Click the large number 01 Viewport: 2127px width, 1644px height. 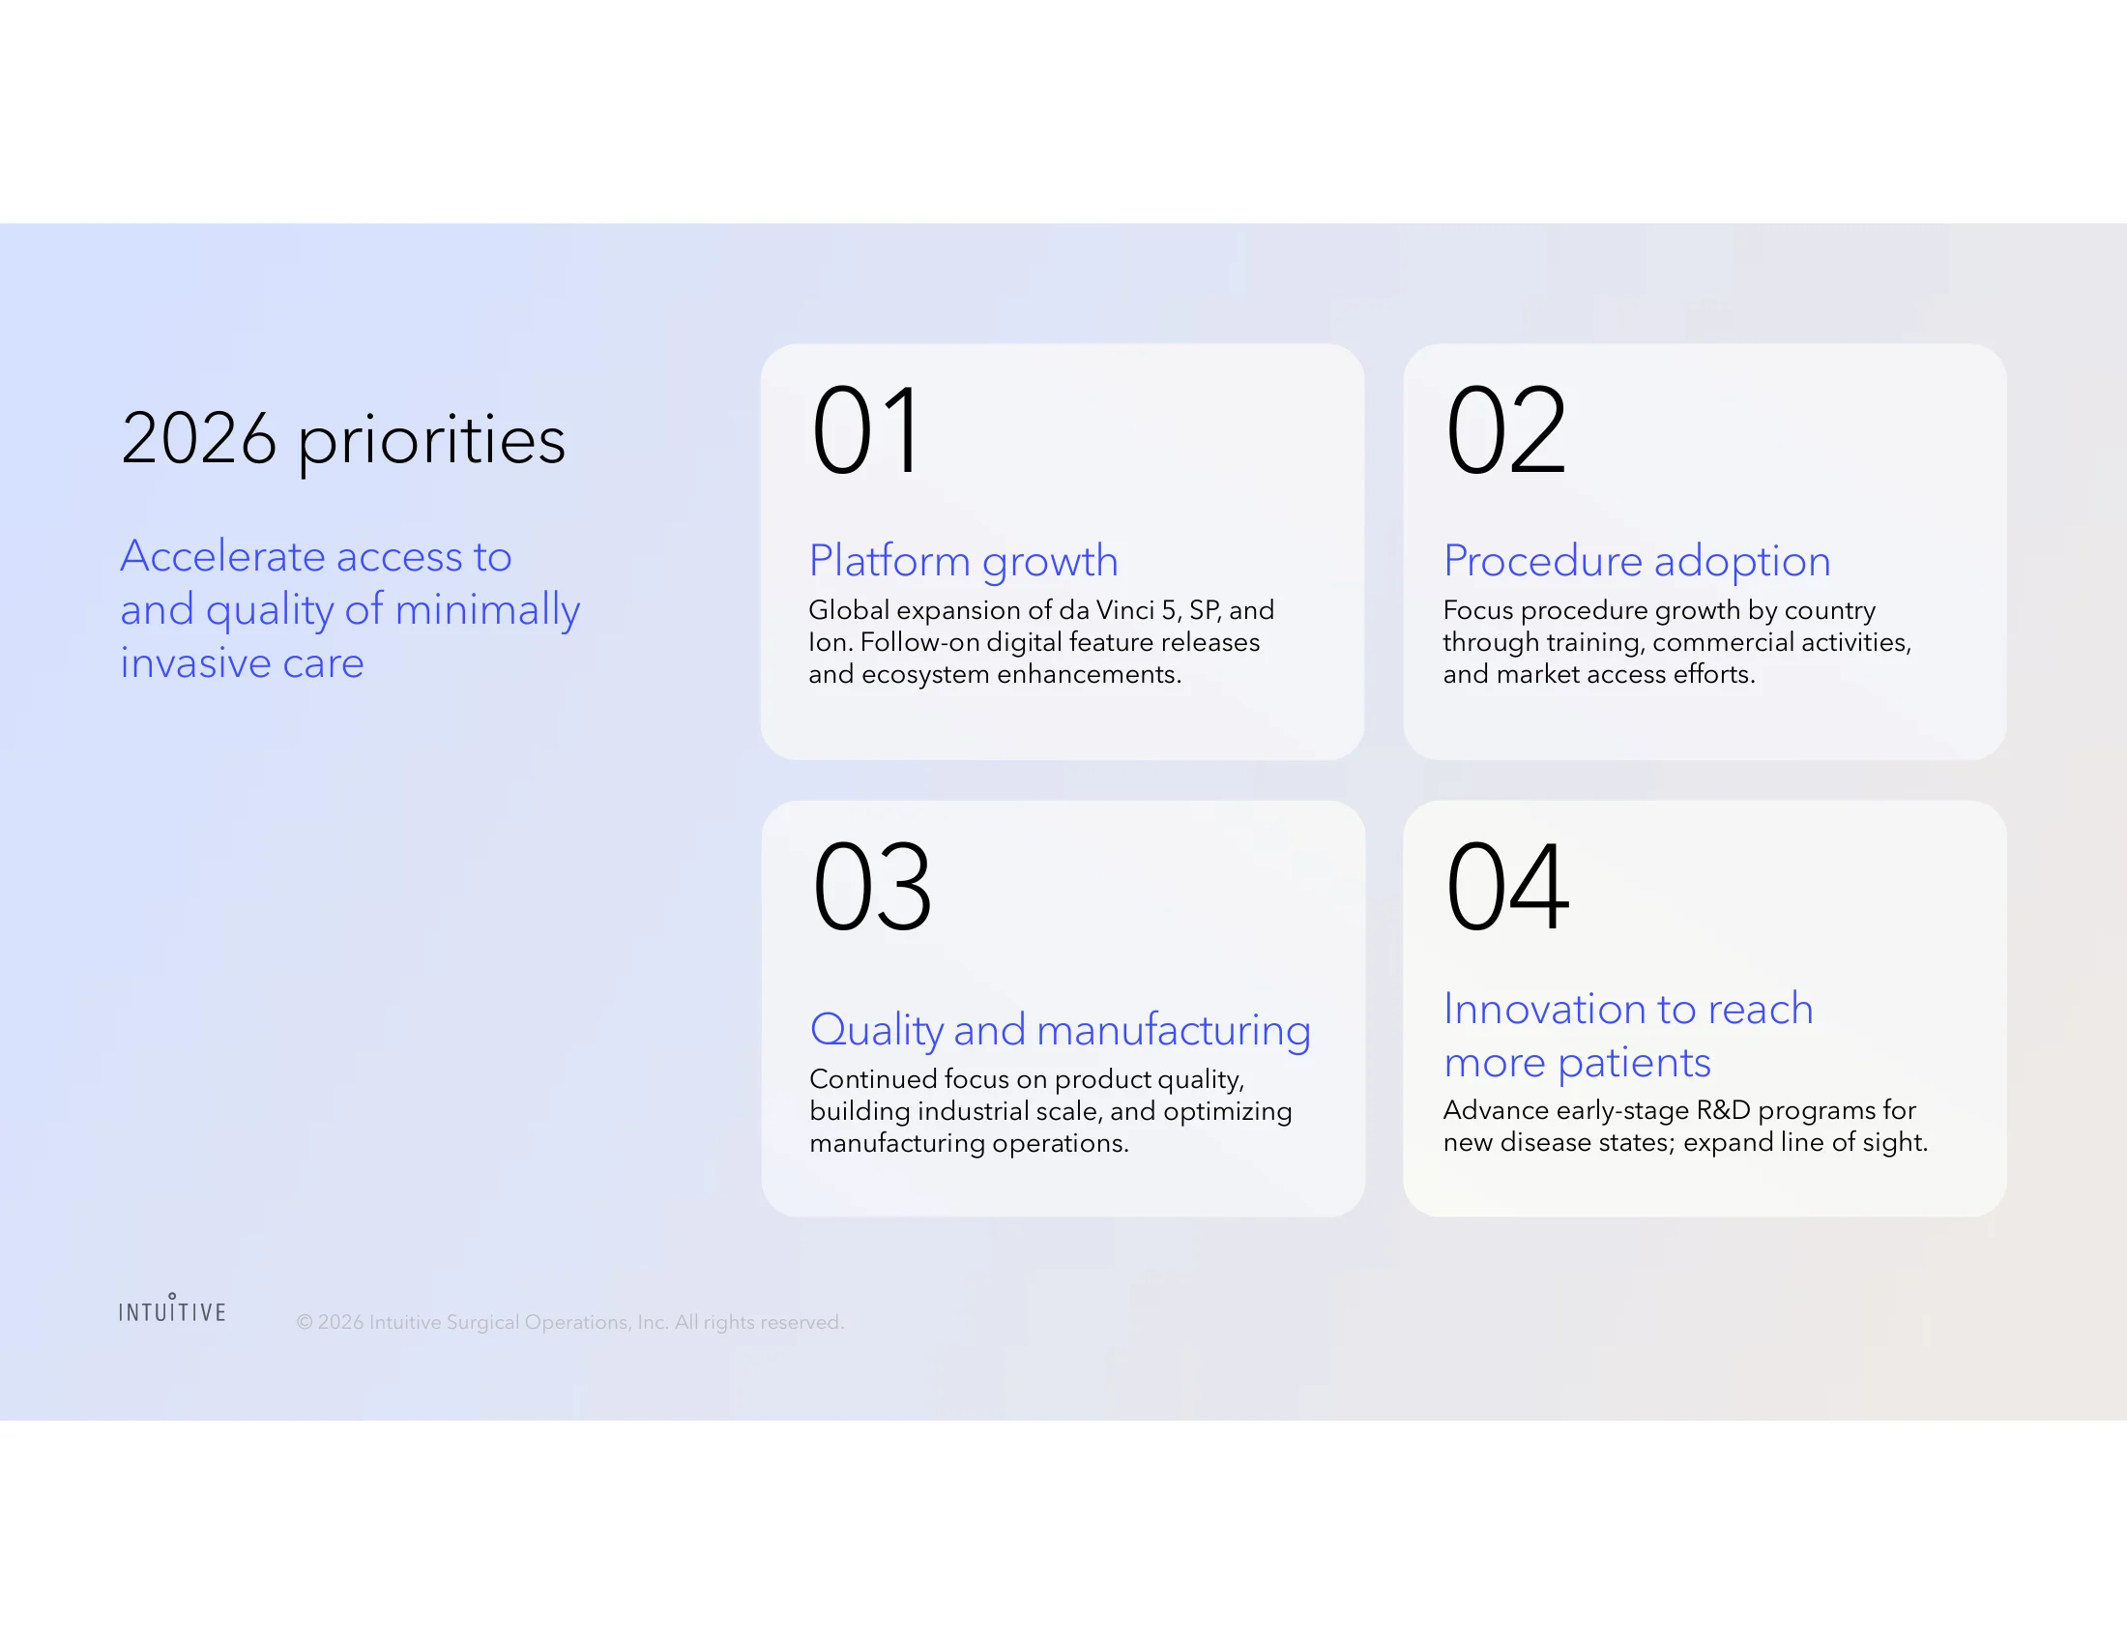point(866,429)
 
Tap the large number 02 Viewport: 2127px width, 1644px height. point(1505,429)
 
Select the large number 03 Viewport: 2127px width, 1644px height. point(872,886)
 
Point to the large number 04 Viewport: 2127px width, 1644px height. point(1507,886)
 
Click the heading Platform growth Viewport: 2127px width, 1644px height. point(963,561)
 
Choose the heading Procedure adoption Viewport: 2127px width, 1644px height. point(1637,561)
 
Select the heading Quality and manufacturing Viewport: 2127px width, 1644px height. point(1061,1030)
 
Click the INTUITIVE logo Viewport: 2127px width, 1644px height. point(172,1308)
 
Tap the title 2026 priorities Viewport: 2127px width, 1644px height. point(343,440)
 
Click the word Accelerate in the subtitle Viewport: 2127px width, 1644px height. point(223,556)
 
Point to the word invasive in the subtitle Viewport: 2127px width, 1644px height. point(195,663)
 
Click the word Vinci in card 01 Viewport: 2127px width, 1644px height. point(1124,610)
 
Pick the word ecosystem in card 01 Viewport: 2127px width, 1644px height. point(925,675)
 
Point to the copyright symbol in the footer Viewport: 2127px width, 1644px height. point(305,1323)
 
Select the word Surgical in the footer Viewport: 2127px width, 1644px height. point(483,1323)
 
